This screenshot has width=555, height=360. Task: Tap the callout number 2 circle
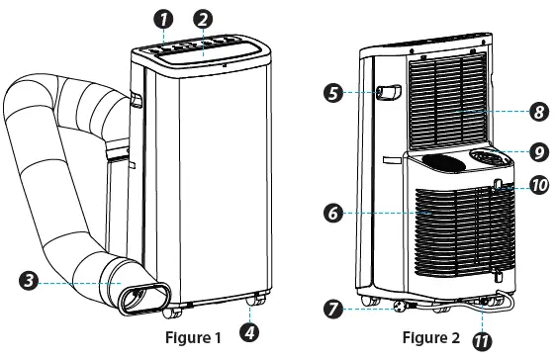point(203,18)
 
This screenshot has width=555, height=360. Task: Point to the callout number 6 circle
point(333,212)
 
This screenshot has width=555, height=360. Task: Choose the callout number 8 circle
point(538,113)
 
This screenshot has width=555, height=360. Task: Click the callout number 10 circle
point(538,185)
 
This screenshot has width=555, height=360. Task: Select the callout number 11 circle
point(486,341)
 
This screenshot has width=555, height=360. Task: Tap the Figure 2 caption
point(428,338)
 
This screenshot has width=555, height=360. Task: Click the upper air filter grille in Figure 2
point(447,99)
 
